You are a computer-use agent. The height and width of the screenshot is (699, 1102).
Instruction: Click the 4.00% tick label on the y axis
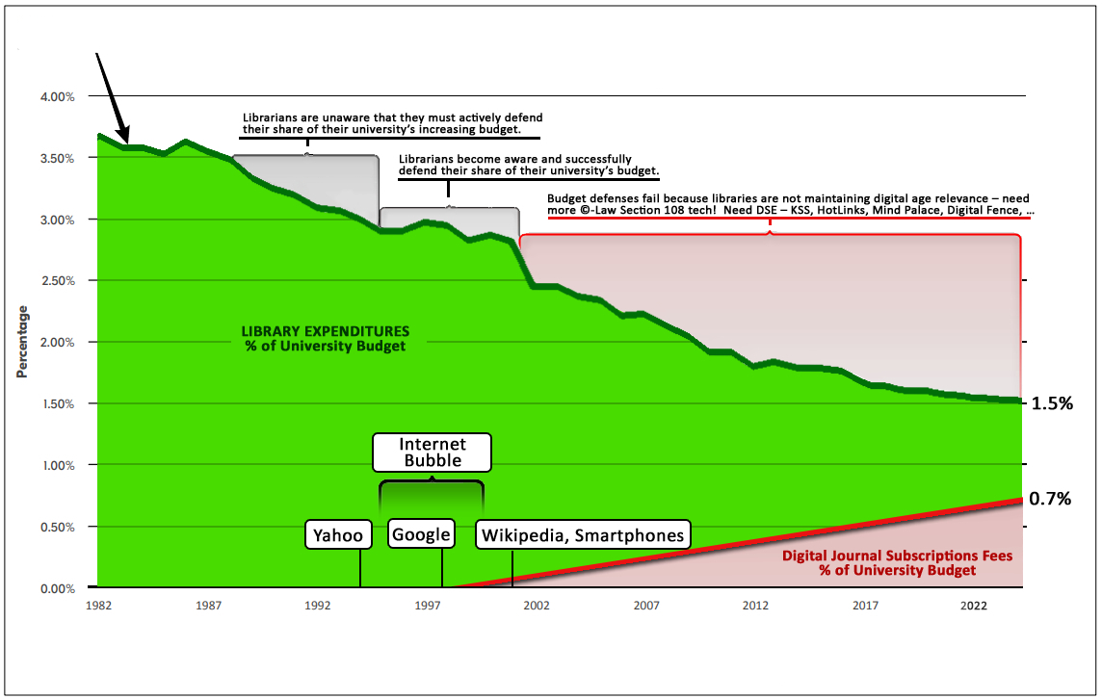point(57,96)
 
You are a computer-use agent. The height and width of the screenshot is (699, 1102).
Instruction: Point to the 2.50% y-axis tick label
point(57,280)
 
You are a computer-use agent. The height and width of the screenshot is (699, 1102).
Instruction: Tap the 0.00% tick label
point(57,588)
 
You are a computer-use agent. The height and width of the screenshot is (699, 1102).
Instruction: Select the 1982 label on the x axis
point(97,606)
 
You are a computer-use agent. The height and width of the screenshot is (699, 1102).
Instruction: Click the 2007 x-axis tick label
point(646,606)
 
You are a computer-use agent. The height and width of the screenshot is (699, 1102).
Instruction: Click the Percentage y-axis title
point(22,342)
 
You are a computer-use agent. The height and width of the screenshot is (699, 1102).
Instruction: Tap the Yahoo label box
point(338,535)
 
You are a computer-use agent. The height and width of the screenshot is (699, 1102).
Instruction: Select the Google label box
point(421,534)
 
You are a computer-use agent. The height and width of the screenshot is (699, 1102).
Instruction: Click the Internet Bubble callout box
point(433,452)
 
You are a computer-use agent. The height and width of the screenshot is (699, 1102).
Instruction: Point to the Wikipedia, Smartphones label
point(583,535)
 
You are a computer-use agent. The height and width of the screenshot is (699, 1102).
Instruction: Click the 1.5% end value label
point(1052,403)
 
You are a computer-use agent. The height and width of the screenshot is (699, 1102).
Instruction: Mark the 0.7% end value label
point(1051,499)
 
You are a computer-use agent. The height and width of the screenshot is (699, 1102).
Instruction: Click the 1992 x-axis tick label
point(317,606)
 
